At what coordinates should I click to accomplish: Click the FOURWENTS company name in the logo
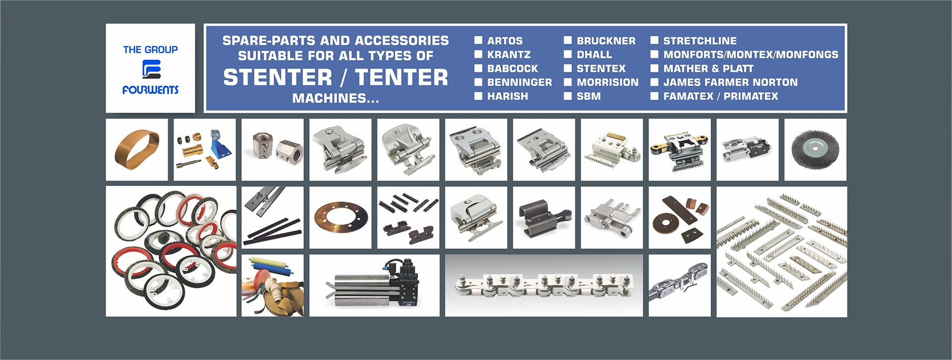click(150, 90)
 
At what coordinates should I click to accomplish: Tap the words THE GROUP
click(150, 50)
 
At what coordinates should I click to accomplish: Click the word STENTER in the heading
click(278, 77)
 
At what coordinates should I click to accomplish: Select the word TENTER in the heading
click(401, 77)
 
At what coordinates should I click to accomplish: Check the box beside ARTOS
click(478, 40)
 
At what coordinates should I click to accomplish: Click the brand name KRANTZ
click(509, 55)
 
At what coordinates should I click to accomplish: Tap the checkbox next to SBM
click(568, 96)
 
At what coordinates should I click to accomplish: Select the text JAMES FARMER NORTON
click(730, 82)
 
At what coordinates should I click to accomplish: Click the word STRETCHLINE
click(700, 41)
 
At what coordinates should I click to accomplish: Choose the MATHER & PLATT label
click(708, 68)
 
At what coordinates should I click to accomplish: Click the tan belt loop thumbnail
click(137, 149)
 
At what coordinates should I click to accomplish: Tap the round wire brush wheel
click(815, 149)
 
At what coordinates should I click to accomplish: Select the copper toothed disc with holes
click(341, 218)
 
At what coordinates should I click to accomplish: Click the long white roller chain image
click(543, 286)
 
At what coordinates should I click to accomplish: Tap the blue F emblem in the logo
click(151, 69)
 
